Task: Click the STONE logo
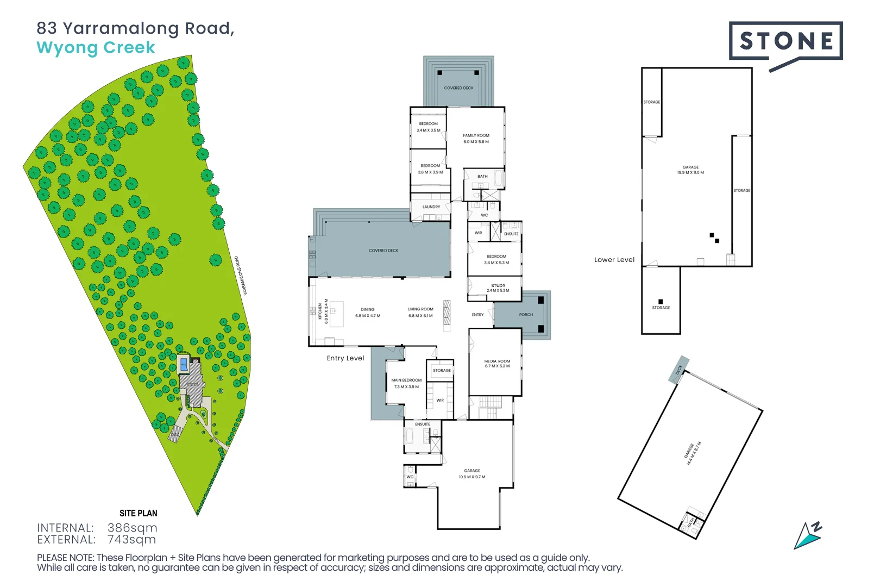785,41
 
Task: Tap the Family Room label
476,139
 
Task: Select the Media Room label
497,363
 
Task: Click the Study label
498,288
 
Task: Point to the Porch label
526,315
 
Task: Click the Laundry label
431,207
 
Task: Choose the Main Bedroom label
406,383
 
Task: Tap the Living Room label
420,312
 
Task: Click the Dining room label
368,312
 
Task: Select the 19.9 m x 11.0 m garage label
690,170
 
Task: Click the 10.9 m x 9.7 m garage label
472,473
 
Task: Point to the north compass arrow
808,535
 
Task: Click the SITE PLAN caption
139,513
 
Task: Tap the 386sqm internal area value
133,528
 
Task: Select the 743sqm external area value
131,540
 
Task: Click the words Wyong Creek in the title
96,48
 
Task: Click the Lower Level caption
614,260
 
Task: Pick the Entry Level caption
345,358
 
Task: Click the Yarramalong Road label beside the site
241,276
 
